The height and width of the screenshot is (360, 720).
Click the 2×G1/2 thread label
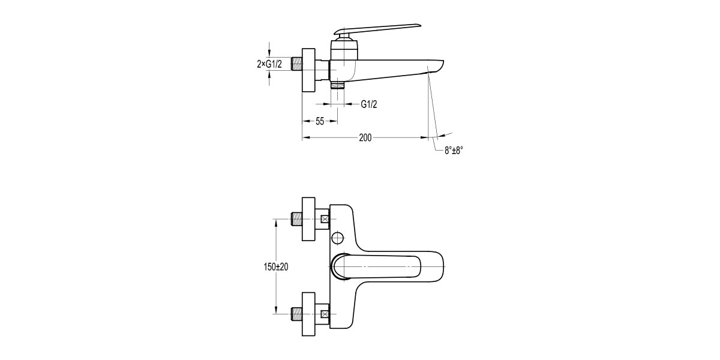(269, 64)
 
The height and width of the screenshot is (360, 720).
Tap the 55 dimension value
(320, 121)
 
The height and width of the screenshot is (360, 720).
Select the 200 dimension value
(365, 137)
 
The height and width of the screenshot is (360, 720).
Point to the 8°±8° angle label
(454, 151)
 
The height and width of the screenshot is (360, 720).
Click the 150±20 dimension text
(276, 267)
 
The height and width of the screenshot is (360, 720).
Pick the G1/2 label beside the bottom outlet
(368, 104)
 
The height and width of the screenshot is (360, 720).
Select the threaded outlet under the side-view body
(338, 85)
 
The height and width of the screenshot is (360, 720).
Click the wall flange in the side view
(308, 71)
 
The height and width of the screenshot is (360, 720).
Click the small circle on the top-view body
(338, 239)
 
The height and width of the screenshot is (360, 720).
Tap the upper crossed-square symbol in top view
(326, 219)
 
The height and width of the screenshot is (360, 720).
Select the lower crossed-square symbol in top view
(326, 314)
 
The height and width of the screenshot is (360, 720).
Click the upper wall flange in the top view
(308, 219)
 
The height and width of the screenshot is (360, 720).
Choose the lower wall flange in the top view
(308, 314)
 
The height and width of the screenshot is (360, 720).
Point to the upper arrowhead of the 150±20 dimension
(276, 223)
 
